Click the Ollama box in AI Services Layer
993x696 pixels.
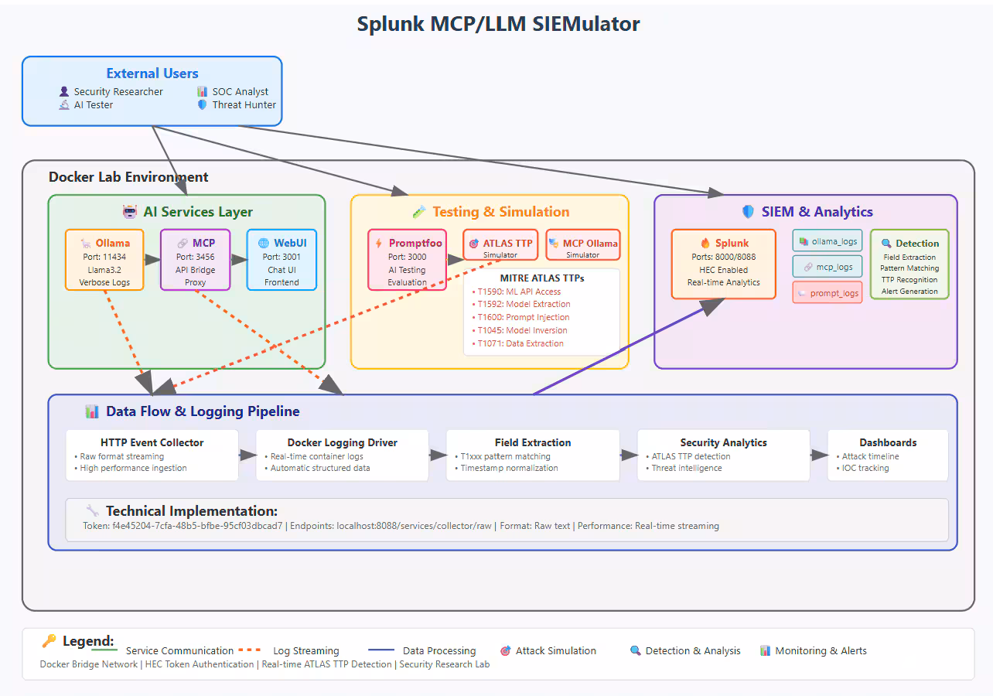pos(104,260)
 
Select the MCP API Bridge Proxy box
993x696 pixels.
pos(196,260)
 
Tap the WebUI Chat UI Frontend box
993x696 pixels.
pos(282,260)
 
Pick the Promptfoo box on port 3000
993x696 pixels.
pos(408,260)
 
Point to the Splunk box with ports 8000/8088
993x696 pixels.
pos(723,264)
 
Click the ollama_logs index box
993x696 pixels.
pos(827,241)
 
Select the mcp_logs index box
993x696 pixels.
pos(827,267)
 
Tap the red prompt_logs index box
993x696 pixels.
pos(827,293)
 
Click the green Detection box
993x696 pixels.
pos(909,264)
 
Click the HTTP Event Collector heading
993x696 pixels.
pos(152,442)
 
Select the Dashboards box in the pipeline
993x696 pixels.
pos(888,455)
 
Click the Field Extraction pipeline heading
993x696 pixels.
pos(533,442)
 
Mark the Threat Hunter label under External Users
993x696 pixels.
pos(244,105)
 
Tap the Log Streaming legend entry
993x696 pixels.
pos(305,651)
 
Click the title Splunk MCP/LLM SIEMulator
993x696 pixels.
pos(498,24)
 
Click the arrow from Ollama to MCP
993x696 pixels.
pos(152,260)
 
